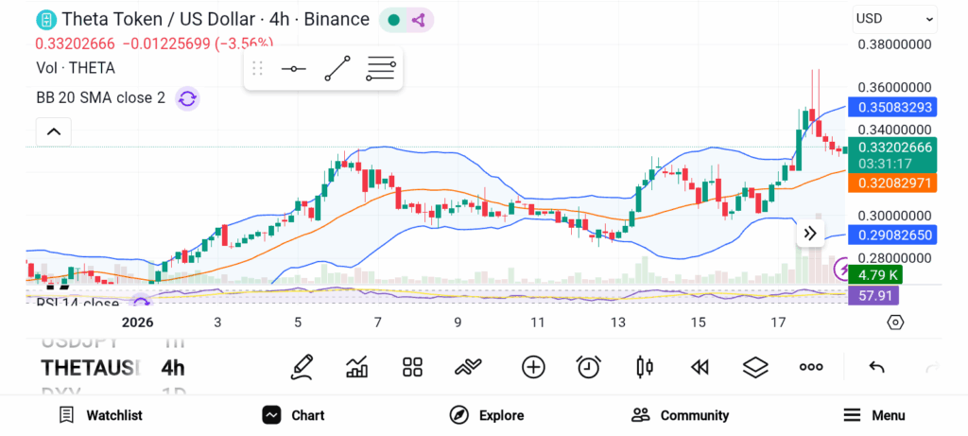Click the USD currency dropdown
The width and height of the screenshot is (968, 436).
pos(894,18)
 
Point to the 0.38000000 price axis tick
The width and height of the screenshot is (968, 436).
pos(894,44)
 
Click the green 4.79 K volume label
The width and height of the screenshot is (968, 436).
pos(875,275)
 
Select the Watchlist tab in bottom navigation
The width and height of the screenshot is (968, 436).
pos(100,415)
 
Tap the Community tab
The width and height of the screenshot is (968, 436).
pos(681,415)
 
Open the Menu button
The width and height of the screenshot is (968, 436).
pos(874,415)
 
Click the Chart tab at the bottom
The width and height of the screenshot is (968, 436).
pos(294,415)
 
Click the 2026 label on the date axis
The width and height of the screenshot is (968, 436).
pos(137,323)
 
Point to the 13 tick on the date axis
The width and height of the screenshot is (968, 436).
pos(618,323)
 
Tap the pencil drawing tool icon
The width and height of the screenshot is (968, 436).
pos(302,367)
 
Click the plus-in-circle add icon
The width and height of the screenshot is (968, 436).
pos(533,367)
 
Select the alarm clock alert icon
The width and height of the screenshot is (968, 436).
pos(589,367)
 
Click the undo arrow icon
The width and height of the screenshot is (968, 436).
pos(876,367)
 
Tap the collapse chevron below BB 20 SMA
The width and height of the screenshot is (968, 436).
pos(54,131)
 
